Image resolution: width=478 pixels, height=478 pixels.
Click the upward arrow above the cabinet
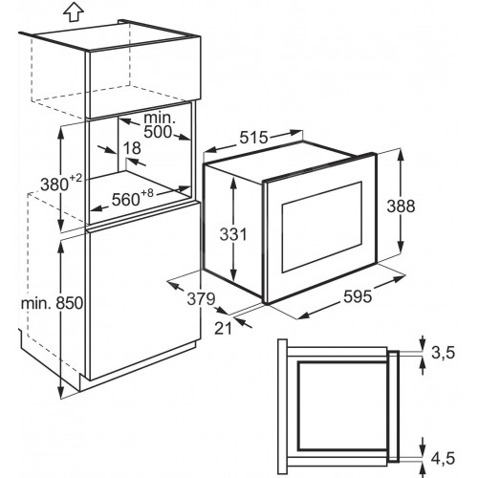74,11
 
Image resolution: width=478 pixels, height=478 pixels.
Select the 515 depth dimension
254,138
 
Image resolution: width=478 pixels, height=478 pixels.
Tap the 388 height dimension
401,206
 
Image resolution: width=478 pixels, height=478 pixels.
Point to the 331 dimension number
233,234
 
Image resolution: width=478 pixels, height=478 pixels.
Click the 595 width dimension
358,297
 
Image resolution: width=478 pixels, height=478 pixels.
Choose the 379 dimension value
201,299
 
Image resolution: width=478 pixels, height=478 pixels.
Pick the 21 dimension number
223,328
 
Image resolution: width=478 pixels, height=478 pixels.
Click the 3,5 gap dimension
443,353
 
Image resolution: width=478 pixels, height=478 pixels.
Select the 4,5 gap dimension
443,458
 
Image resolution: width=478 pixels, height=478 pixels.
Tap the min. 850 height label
52,303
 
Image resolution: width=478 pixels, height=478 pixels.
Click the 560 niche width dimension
125,200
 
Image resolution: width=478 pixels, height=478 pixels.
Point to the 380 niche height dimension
54,185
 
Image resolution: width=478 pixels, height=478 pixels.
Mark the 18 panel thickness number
132,148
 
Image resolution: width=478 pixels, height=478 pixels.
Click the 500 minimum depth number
158,132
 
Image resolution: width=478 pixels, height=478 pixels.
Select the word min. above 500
160,118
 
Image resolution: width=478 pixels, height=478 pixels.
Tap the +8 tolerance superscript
147,193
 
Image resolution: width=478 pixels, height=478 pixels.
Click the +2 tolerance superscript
76,178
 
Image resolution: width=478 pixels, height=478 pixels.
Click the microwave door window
322,227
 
